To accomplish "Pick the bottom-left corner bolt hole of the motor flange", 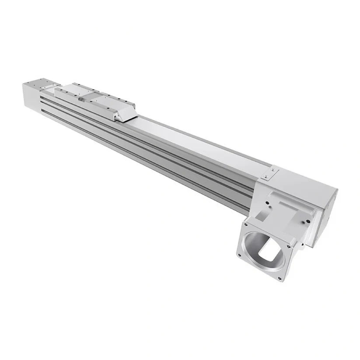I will tap(239, 255).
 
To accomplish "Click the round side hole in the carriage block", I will tap(81, 99).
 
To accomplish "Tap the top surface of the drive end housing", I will tap(302, 179).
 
